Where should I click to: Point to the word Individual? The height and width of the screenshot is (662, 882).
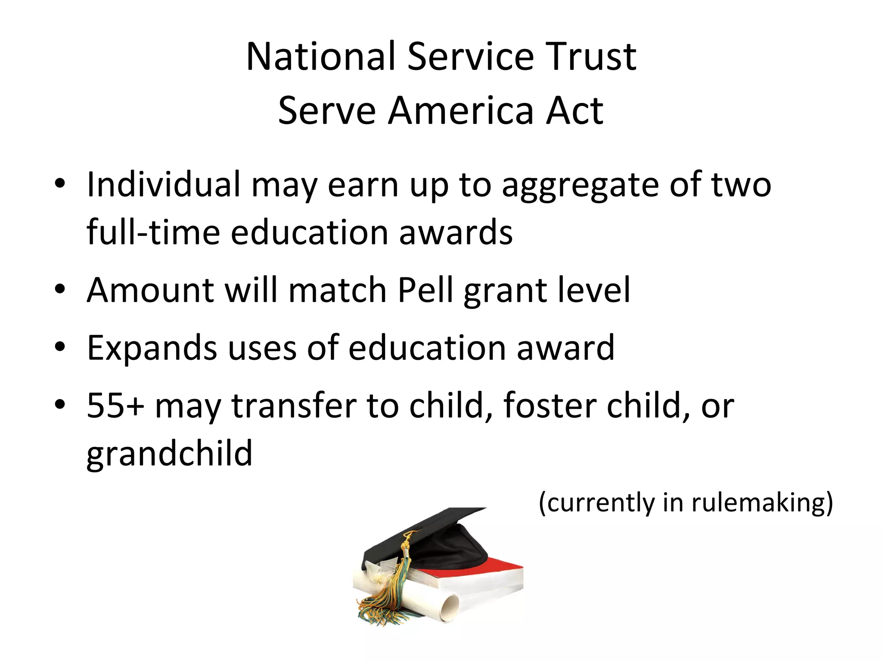163,184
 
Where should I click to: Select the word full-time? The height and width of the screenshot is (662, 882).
153,232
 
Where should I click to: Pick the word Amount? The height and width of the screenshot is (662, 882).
150,290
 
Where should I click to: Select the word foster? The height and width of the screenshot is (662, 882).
549,405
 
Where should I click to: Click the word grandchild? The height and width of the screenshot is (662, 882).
169,453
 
